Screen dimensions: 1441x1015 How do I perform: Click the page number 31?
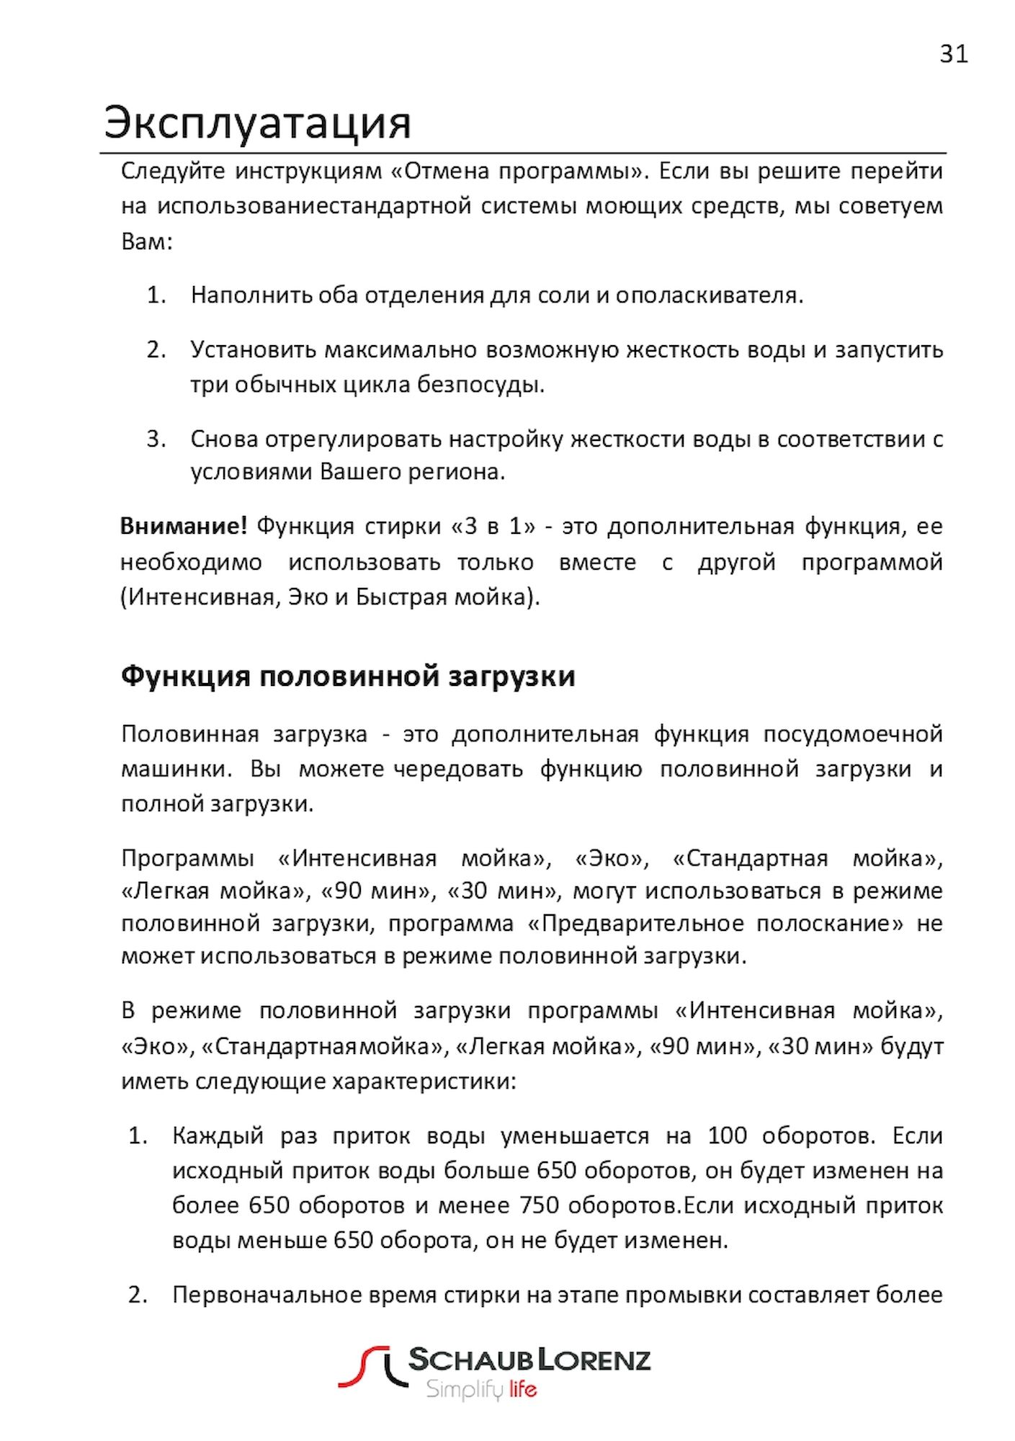954,54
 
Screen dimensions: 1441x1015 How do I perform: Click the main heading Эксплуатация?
257,122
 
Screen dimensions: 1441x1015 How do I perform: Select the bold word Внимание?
183,527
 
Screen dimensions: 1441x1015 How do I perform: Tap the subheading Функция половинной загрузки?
348,677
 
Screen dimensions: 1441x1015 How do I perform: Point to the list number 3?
156,439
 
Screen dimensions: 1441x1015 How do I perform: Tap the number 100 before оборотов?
728,1136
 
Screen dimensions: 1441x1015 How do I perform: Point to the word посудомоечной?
853,734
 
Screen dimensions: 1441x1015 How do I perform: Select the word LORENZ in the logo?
595,1360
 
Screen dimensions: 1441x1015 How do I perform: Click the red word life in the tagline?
522,1389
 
